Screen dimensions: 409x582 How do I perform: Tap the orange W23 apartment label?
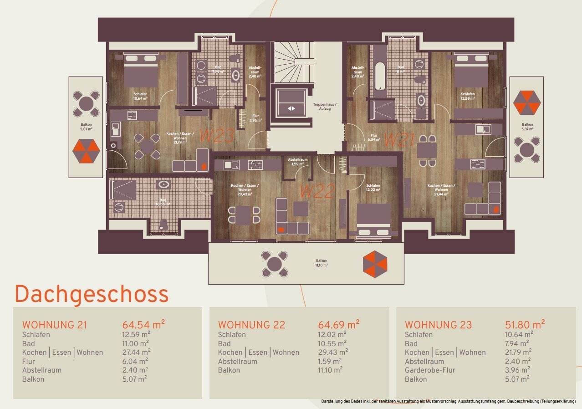coord(217,136)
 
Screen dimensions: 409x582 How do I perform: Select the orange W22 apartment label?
coord(317,191)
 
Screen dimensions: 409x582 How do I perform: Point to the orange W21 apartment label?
coord(399,140)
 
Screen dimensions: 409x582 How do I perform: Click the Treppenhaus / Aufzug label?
coord(325,107)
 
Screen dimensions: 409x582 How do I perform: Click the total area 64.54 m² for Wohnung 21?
coord(143,325)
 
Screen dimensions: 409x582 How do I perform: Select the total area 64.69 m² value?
coord(338,325)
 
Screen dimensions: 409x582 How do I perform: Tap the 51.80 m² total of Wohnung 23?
coord(525,325)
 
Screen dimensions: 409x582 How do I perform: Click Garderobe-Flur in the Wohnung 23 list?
coord(430,370)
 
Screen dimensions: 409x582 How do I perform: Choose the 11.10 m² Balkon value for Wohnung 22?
coord(330,370)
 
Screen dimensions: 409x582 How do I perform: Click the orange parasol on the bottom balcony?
coord(375,264)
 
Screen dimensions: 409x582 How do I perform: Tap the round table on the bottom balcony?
coord(275,264)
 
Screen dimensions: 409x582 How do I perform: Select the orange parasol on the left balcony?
coord(86,151)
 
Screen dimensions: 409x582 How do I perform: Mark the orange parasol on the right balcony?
coord(527,102)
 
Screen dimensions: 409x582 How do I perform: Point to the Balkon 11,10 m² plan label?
coord(322,263)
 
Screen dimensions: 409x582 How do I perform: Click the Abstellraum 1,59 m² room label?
coord(297,162)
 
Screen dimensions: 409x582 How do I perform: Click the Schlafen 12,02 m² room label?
coord(373,188)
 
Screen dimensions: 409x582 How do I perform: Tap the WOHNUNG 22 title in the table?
coord(251,325)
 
